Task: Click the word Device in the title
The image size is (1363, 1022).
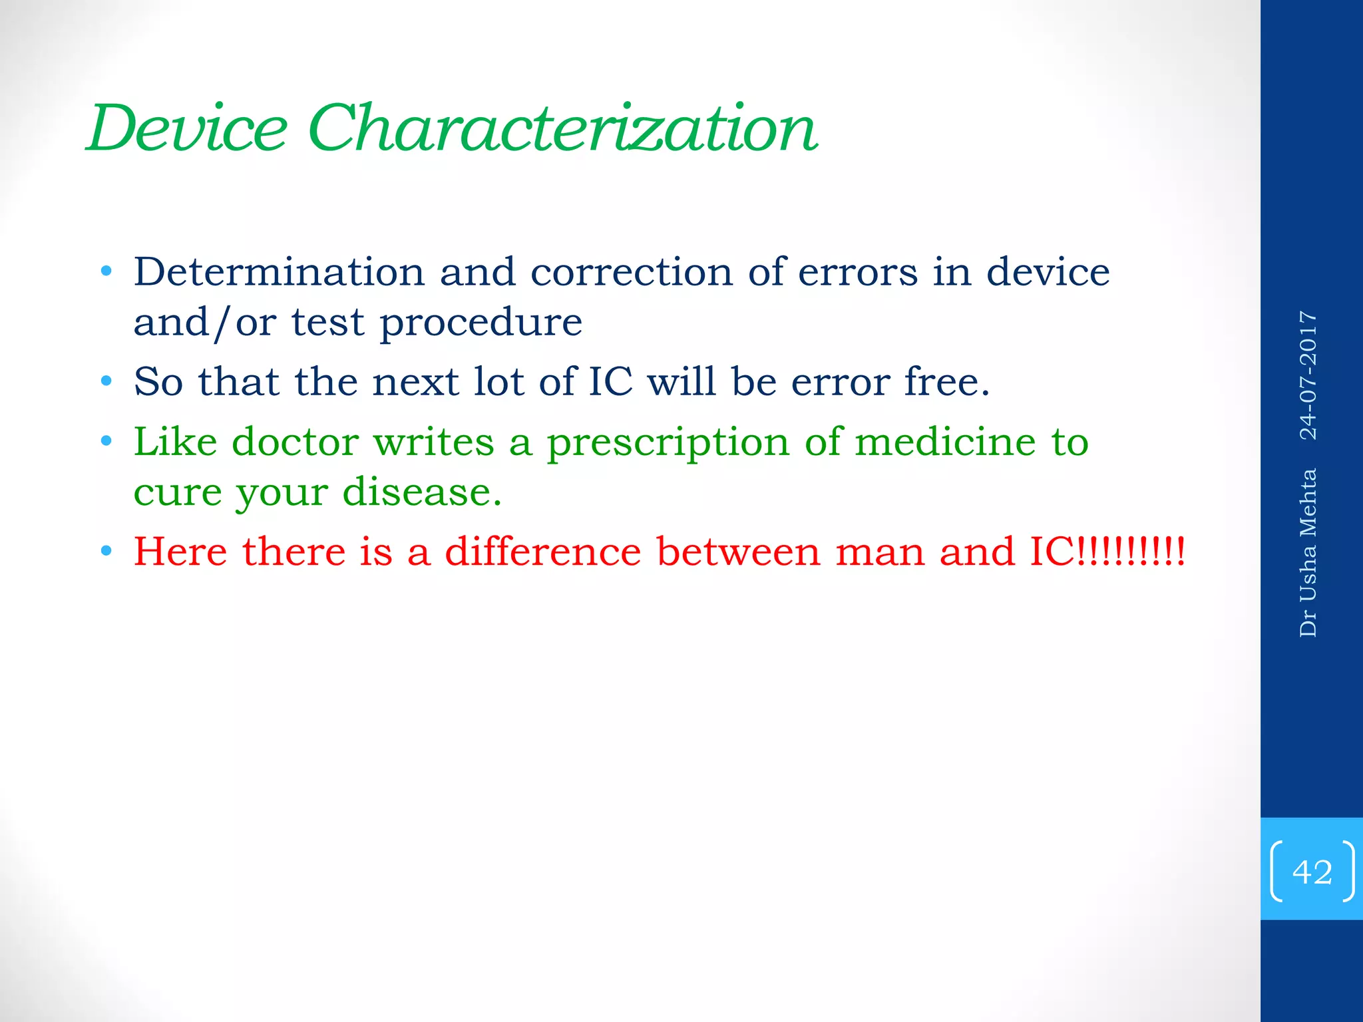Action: point(188,128)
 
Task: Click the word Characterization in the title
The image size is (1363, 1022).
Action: point(562,128)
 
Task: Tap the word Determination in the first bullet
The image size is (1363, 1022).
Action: point(279,272)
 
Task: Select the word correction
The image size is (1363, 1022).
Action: point(631,272)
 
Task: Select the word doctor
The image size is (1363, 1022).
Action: point(295,442)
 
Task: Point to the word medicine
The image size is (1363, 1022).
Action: point(945,442)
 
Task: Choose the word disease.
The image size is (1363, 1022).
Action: point(421,492)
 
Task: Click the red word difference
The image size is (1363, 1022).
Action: point(542,552)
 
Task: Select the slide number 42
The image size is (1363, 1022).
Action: point(1312,872)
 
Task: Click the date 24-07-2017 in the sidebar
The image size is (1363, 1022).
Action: point(1308,375)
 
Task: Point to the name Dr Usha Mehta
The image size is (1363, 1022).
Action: point(1308,553)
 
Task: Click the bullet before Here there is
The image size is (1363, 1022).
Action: point(106,552)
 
